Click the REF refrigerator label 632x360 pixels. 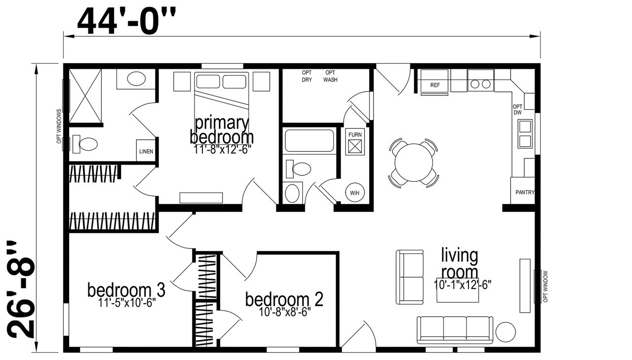[435, 85]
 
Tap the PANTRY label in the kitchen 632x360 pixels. [525, 193]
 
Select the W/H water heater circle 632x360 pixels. [355, 193]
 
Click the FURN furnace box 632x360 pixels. [355, 142]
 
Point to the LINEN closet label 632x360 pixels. [146, 152]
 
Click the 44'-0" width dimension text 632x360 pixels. [126, 21]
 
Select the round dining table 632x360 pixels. [414, 162]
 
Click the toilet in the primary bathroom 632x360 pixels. [85, 144]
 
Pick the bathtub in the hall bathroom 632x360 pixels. [310, 141]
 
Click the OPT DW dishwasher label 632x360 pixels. [517, 110]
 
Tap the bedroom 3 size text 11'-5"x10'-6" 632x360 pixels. [127, 303]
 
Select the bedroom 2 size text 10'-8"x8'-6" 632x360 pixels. [285, 312]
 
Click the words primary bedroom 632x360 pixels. [222, 130]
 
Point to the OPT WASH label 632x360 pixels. [330, 76]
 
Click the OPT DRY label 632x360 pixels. [307, 76]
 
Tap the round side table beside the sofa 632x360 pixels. [506, 332]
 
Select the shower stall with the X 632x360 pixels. [85, 96]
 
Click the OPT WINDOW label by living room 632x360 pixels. [546, 286]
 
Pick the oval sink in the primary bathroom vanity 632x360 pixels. [136, 79]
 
